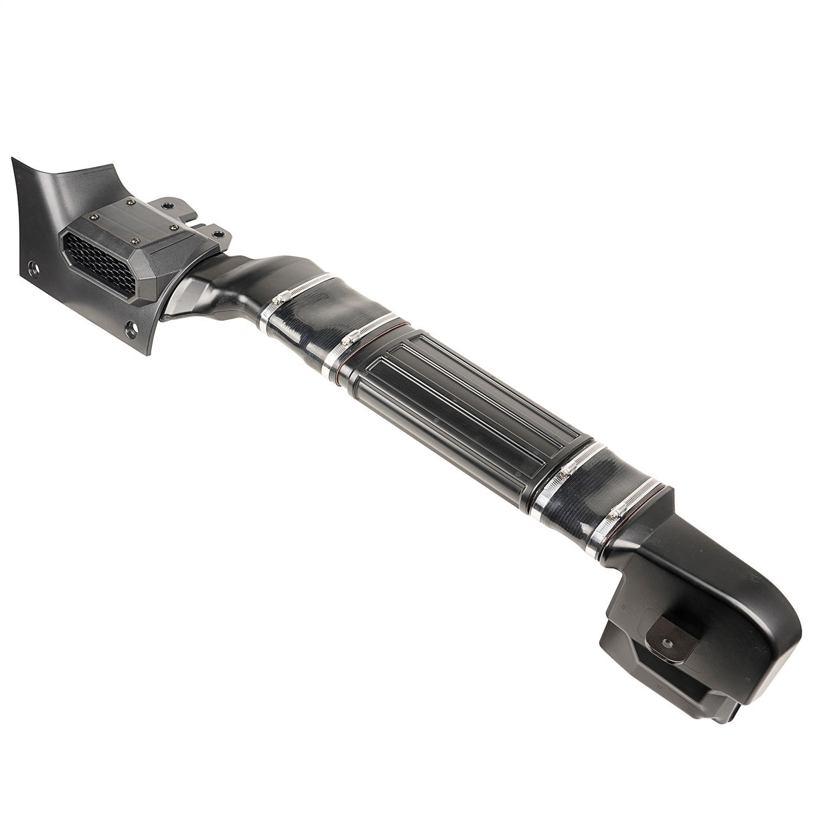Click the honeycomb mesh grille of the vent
pyautogui.click(x=100, y=265)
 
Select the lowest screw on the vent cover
pyautogui.click(x=136, y=242)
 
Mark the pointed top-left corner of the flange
pyautogui.click(x=13, y=159)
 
